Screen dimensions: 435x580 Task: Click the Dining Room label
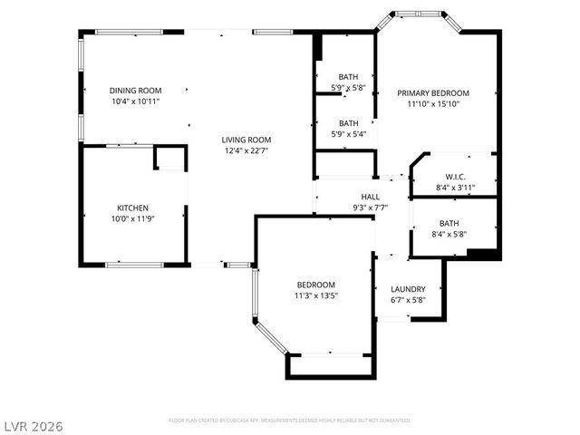coord(135,91)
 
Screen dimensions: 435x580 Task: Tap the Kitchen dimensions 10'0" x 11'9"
coord(132,218)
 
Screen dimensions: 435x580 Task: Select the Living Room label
coord(246,140)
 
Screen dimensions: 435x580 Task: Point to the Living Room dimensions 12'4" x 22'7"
coord(246,151)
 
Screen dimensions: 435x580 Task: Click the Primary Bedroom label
coord(433,93)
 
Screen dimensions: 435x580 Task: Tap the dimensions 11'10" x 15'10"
coord(433,104)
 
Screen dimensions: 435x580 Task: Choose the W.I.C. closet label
coord(455,176)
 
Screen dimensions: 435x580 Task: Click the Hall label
coord(371,197)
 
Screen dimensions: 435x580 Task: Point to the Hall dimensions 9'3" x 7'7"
coord(371,208)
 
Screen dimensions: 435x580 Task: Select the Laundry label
coord(408,289)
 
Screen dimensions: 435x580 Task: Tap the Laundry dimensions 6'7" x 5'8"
coord(408,300)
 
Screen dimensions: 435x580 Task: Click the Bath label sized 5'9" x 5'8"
coord(349,77)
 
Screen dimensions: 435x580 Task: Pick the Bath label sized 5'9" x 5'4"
coord(349,123)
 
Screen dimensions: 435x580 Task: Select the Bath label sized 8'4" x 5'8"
coord(449,223)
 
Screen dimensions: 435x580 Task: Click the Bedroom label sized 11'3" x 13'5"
coord(315,284)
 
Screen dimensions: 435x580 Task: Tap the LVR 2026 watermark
coord(34,424)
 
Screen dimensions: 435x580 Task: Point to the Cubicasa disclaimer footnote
coord(290,420)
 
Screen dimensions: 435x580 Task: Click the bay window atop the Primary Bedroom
coord(419,14)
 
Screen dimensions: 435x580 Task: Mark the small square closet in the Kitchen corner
coord(169,159)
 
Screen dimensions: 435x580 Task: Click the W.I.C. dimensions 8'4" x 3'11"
coord(455,188)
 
